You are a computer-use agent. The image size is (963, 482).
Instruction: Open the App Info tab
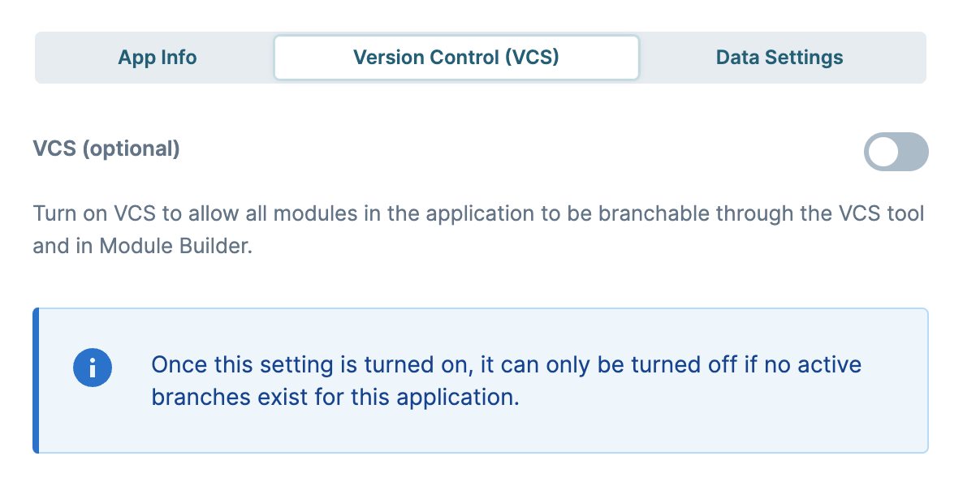pyautogui.click(x=158, y=58)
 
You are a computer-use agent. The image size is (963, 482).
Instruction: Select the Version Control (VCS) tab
pyautogui.click(x=456, y=58)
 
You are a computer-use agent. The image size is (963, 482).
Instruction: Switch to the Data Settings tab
pyautogui.click(x=779, y=58)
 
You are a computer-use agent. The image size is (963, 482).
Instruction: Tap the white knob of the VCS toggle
pyautogui.click(x=884, y=152)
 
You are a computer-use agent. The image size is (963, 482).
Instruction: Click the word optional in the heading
pyautogui.click(x=131, y=148)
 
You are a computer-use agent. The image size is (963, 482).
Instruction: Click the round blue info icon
pyautogui.click(x=93, y=368)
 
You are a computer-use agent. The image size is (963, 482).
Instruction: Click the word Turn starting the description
pyautogui.click(x=54, y=213)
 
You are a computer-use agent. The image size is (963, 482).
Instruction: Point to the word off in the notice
pyautogui.click(x=723, y=364)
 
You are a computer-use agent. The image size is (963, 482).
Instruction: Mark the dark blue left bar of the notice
pyautogui.click(x=36, y=381)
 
